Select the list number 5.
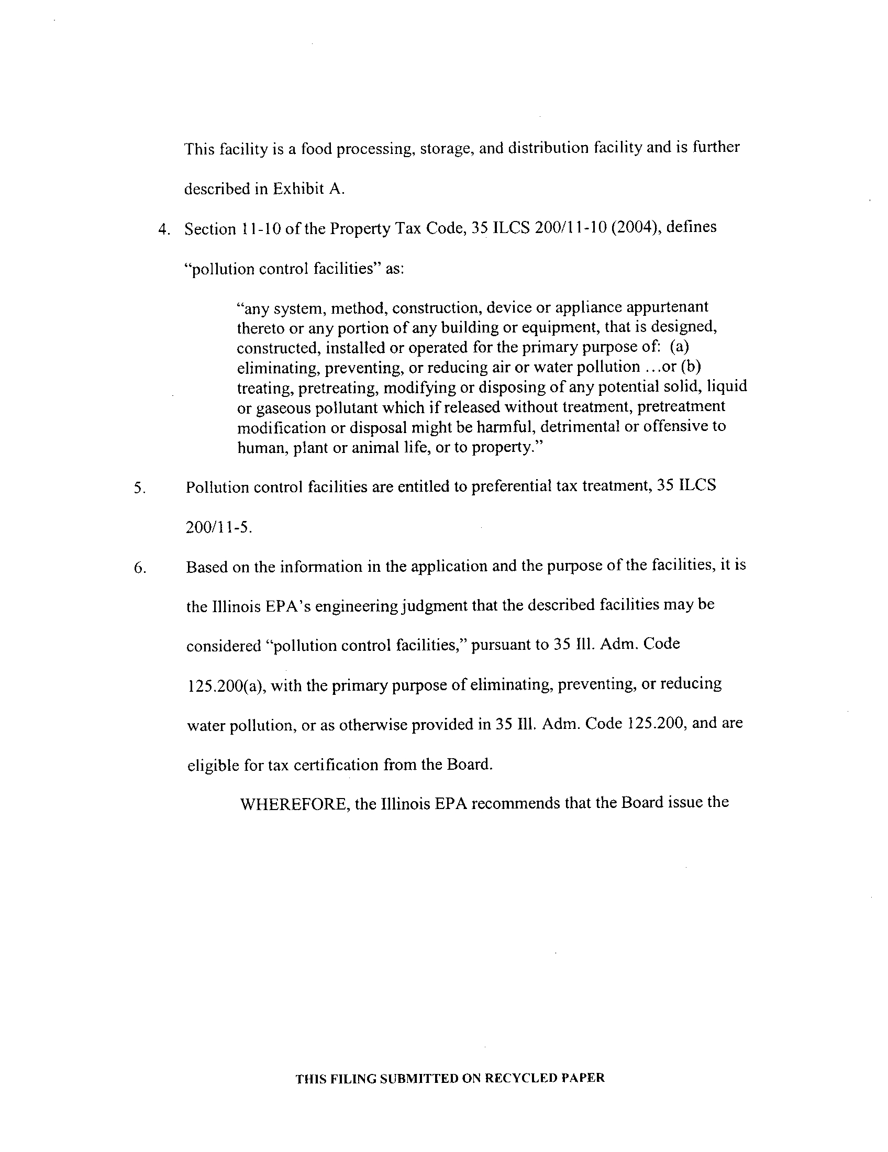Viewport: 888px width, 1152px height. click(x=139, y=489)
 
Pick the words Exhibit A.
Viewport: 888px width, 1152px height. click(x=308, y=189)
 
